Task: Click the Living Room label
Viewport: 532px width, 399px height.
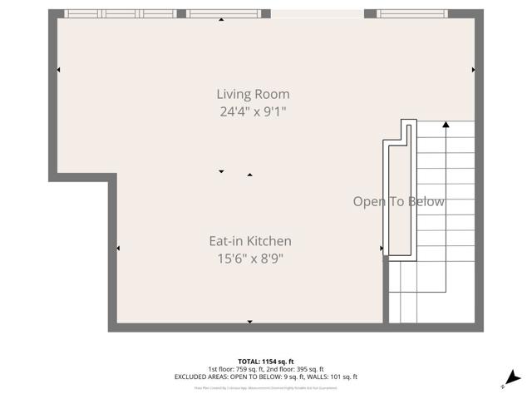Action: pyautogui.click(x=253, y=94)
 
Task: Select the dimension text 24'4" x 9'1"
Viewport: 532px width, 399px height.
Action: pyautogui.click(x=253, y=111)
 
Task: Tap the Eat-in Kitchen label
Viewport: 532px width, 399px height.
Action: pyautogui.click(x=249, y=241)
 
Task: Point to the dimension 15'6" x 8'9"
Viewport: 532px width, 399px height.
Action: pyautogui.click(x=249, y=258)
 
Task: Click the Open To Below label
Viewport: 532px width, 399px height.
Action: pyautogui.click(x=398, y=201)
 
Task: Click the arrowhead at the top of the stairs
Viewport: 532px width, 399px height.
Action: pyautogui.click(x=446, y=125)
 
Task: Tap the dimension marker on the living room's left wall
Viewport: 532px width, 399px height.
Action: pyautogui.click(x=58, y=70)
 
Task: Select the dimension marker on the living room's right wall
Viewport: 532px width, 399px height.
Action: pyautogui.click(x=473, y=70)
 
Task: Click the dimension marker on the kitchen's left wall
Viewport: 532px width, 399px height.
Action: pyautogui.click(x=118, y=248)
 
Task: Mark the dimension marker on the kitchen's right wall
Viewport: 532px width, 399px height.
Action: pyautogui.click(x=381, y=248)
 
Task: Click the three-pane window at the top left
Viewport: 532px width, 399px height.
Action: pyautogui.click(x=121, y=13)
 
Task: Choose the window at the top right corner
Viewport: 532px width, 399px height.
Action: pyautogui.click(x=411, y=13)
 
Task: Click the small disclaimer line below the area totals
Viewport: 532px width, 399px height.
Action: pyautogui.click(x=265, y=387)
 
